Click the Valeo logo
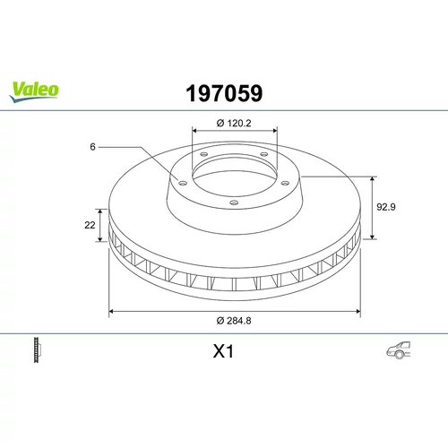34,92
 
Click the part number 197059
224,93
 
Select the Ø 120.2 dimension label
234,123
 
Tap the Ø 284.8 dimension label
234,321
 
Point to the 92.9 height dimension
386,207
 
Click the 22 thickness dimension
90,225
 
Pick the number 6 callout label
92,147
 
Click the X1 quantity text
223,351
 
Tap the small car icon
399,349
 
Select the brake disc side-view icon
37,349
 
